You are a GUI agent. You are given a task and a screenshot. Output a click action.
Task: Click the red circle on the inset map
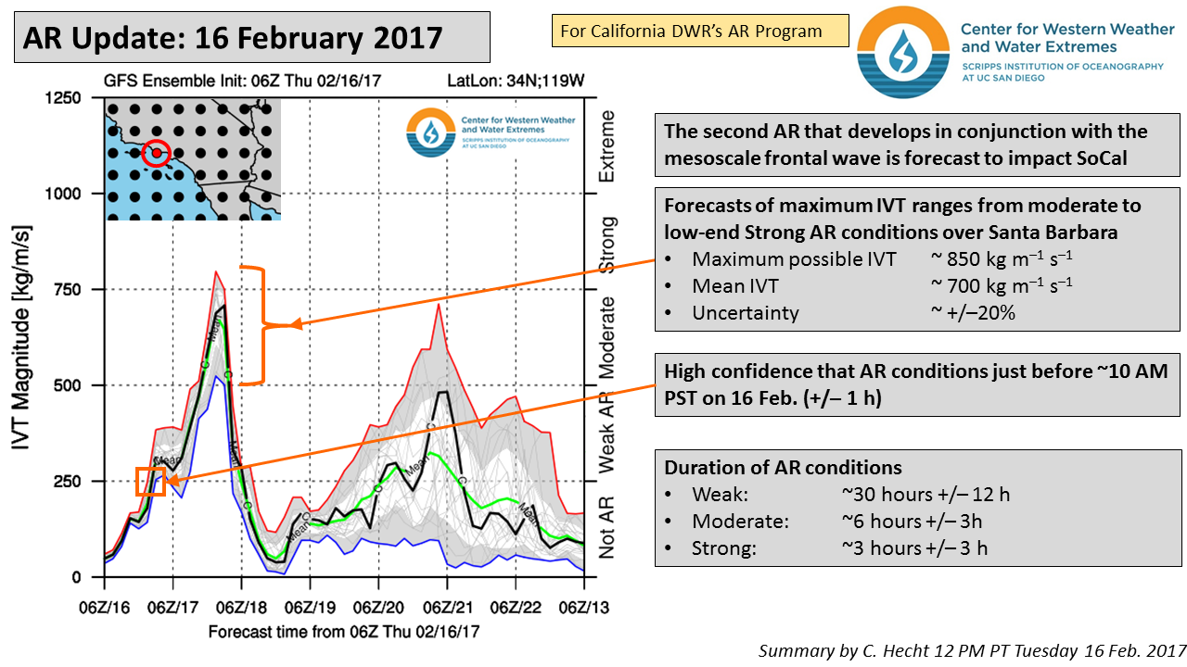(157, 153)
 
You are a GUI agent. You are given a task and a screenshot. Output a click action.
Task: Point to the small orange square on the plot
(150, 482)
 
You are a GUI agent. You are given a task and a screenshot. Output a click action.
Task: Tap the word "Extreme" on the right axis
(608, 145)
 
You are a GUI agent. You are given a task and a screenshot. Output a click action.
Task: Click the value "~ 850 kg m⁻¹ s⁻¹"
(1002, 259)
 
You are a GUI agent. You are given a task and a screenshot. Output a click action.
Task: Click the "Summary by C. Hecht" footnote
(972, 650)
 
